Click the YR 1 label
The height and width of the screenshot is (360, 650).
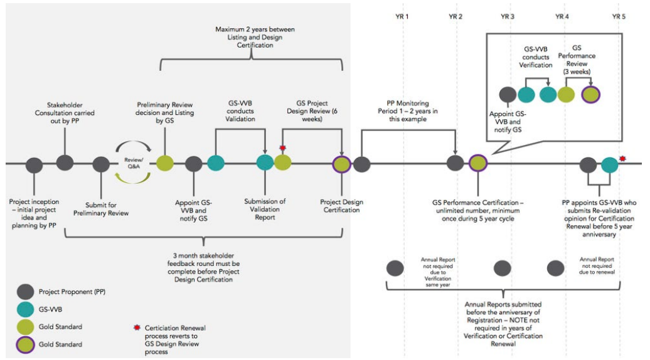pos(403,16)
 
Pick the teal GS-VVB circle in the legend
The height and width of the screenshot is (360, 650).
pos(25,309)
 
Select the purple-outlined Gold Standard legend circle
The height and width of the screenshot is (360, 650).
pos(25,344)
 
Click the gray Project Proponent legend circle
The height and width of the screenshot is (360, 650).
pos(25,292)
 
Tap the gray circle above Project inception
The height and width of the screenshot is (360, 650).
pos(35,166)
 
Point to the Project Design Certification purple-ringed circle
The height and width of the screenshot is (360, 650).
pos(341,164)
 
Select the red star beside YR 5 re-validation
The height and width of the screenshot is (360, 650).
pos(622,159)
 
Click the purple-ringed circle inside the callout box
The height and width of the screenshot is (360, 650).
pos(591,95)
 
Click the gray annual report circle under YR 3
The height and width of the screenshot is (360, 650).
pos(503,268)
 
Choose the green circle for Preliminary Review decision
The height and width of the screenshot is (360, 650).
pos(164,164)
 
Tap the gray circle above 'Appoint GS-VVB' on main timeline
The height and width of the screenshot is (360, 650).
pos(194,164)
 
